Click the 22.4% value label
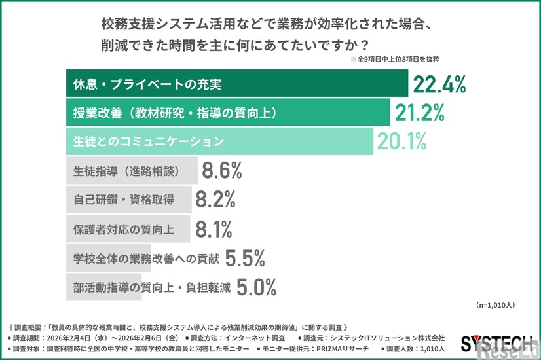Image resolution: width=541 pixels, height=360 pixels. point(438,84)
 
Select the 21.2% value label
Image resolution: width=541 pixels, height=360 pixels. point(419,113)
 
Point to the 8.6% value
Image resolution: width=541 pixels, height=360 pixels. point(222,171)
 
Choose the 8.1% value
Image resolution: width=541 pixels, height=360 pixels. point(214,229)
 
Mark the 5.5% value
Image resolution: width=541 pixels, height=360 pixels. point(244,258)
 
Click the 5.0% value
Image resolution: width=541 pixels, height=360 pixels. point(255,287)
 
